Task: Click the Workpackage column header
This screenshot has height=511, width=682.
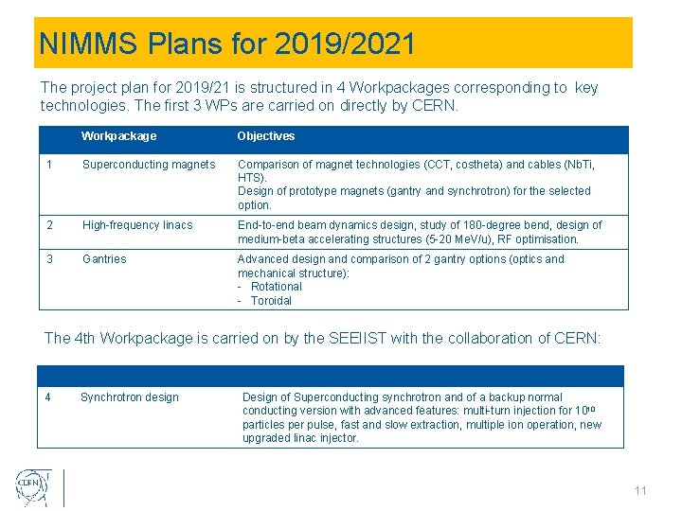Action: [118, 136]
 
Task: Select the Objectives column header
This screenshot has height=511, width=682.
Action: [266, 136]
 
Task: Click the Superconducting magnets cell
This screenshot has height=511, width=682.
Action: [149, 165]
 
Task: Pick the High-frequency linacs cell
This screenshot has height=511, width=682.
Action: [137, 225]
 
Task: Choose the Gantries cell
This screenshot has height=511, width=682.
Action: [104, 259]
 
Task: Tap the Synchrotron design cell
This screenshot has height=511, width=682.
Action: [130, 397]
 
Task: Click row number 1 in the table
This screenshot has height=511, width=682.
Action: [48, 165]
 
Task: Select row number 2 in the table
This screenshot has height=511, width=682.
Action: [48, 225]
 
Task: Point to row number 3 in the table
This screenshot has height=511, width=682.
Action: [48, 259]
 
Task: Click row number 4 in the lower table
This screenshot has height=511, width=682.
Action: [48, 397]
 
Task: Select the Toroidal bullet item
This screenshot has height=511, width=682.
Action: [271, 301]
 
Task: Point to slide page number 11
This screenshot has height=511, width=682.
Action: [641, 491]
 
